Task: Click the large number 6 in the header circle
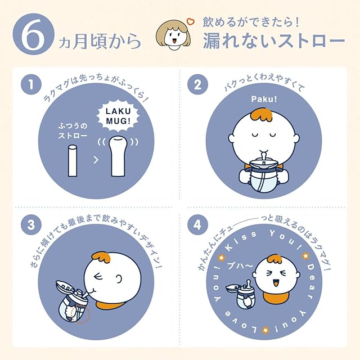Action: pyautogui.click(x=34, y=35)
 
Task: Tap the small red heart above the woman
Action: pyautogui.click(x=190, y=22)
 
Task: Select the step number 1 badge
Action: pyautogui.click(x=31, y=84)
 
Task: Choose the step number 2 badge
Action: pyautogui.click(x=197, y=84)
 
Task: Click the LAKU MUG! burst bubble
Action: pyautogui.click(x=119, y=116)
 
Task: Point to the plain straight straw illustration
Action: pyautogui.click(x=73, y=161)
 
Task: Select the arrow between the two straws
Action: pyautogui.click(x=96, y=160)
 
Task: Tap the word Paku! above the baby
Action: pyautogui.click(x=264, y=99)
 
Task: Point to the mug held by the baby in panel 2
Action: pyautogui.click(x=264, y=177)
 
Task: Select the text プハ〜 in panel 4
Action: pyautogui.click(x=240, y=266)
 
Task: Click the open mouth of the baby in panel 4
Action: pyautogui.click(x=276, y=283)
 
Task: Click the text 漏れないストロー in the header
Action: pyautogui.click(x=274, y=42)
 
